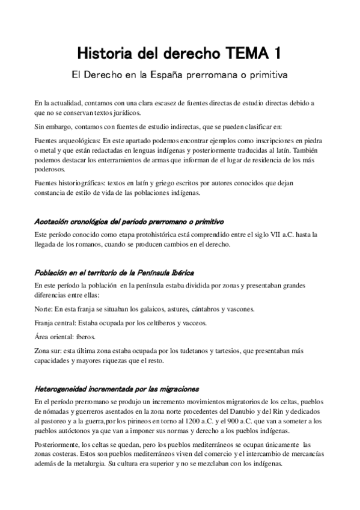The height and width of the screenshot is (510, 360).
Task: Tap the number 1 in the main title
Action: coord(278,54)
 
